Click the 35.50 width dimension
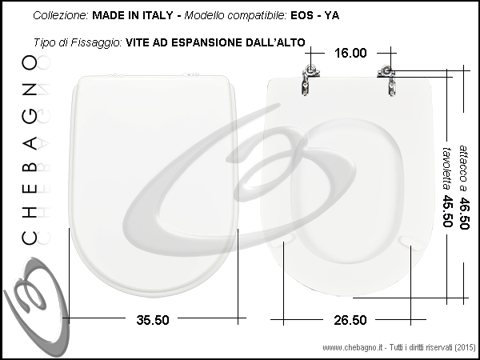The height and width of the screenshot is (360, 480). click(x=153, y=320)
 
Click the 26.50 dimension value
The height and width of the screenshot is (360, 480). click(x=350, y=320)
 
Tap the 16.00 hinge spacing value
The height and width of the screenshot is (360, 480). click(x=350, y=53)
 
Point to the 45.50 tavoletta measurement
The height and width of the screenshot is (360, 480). click(x=447, y=211)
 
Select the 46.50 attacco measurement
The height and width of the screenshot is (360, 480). click(x=464, y=214)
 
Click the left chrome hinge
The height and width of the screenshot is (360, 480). click(x=310, y=79)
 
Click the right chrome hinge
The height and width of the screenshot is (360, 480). click(x=388, y=81)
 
